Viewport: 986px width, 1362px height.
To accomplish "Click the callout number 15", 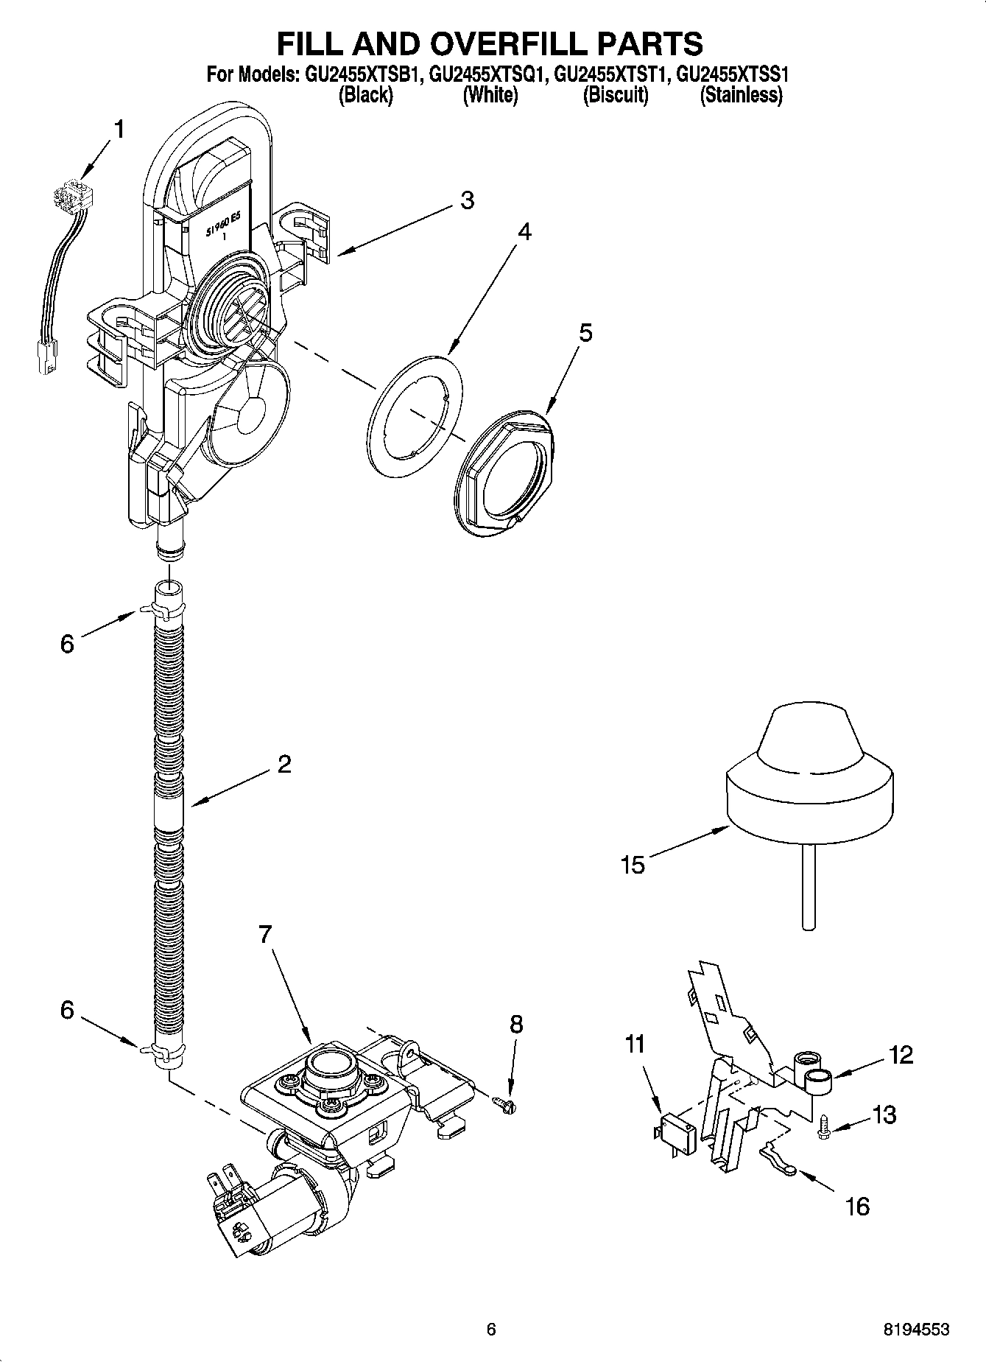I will tap(633, 864).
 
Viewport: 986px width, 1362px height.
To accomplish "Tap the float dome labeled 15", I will tap(809, 781).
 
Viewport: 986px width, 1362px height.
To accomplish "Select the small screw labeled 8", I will tap(506, 1102).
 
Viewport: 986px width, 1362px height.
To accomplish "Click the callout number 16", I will tap(858, 1206).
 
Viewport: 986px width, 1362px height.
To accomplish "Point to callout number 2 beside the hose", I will tap(284, 764).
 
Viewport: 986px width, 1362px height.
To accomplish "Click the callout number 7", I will tap(267, 936).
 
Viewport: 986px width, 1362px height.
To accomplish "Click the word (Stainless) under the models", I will tap(741, 95).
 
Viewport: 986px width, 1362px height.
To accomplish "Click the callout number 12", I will tap(901, 1055).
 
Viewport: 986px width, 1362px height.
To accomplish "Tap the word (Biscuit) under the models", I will tap(616, 95).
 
